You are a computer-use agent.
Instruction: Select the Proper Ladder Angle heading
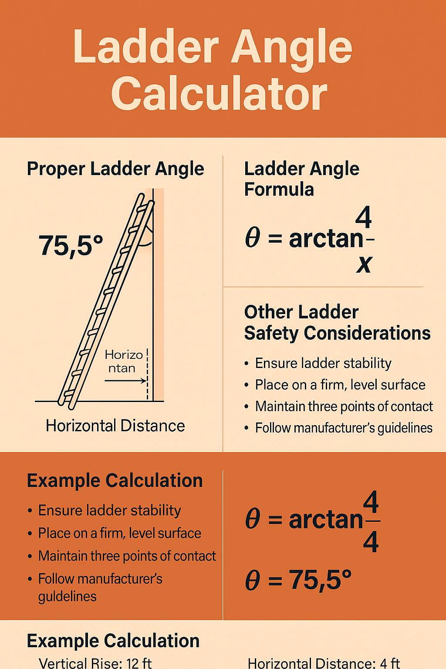pos(115,169)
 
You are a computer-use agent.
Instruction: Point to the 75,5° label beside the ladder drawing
pos(71,245)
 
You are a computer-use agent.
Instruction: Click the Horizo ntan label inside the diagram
pos(124,362)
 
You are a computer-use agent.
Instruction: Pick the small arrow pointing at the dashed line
pos(125,381)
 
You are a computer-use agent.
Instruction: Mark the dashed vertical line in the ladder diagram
pos(148,375)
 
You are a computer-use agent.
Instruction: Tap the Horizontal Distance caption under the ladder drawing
pos(115,426)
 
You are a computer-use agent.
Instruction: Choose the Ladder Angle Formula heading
pos(301,179)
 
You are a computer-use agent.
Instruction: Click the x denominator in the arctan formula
pos(364,264)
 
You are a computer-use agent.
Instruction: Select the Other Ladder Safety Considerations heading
pos(337,323)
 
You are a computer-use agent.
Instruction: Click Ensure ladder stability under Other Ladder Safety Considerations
pos(323,363)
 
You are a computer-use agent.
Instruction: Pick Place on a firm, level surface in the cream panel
pos(340,385)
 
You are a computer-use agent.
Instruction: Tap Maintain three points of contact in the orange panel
pos(127,556)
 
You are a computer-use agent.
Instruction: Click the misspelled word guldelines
pos(67,596)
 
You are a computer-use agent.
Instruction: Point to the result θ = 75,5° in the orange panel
pos(298,580)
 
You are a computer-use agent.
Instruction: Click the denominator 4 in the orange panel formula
pos(371,543)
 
